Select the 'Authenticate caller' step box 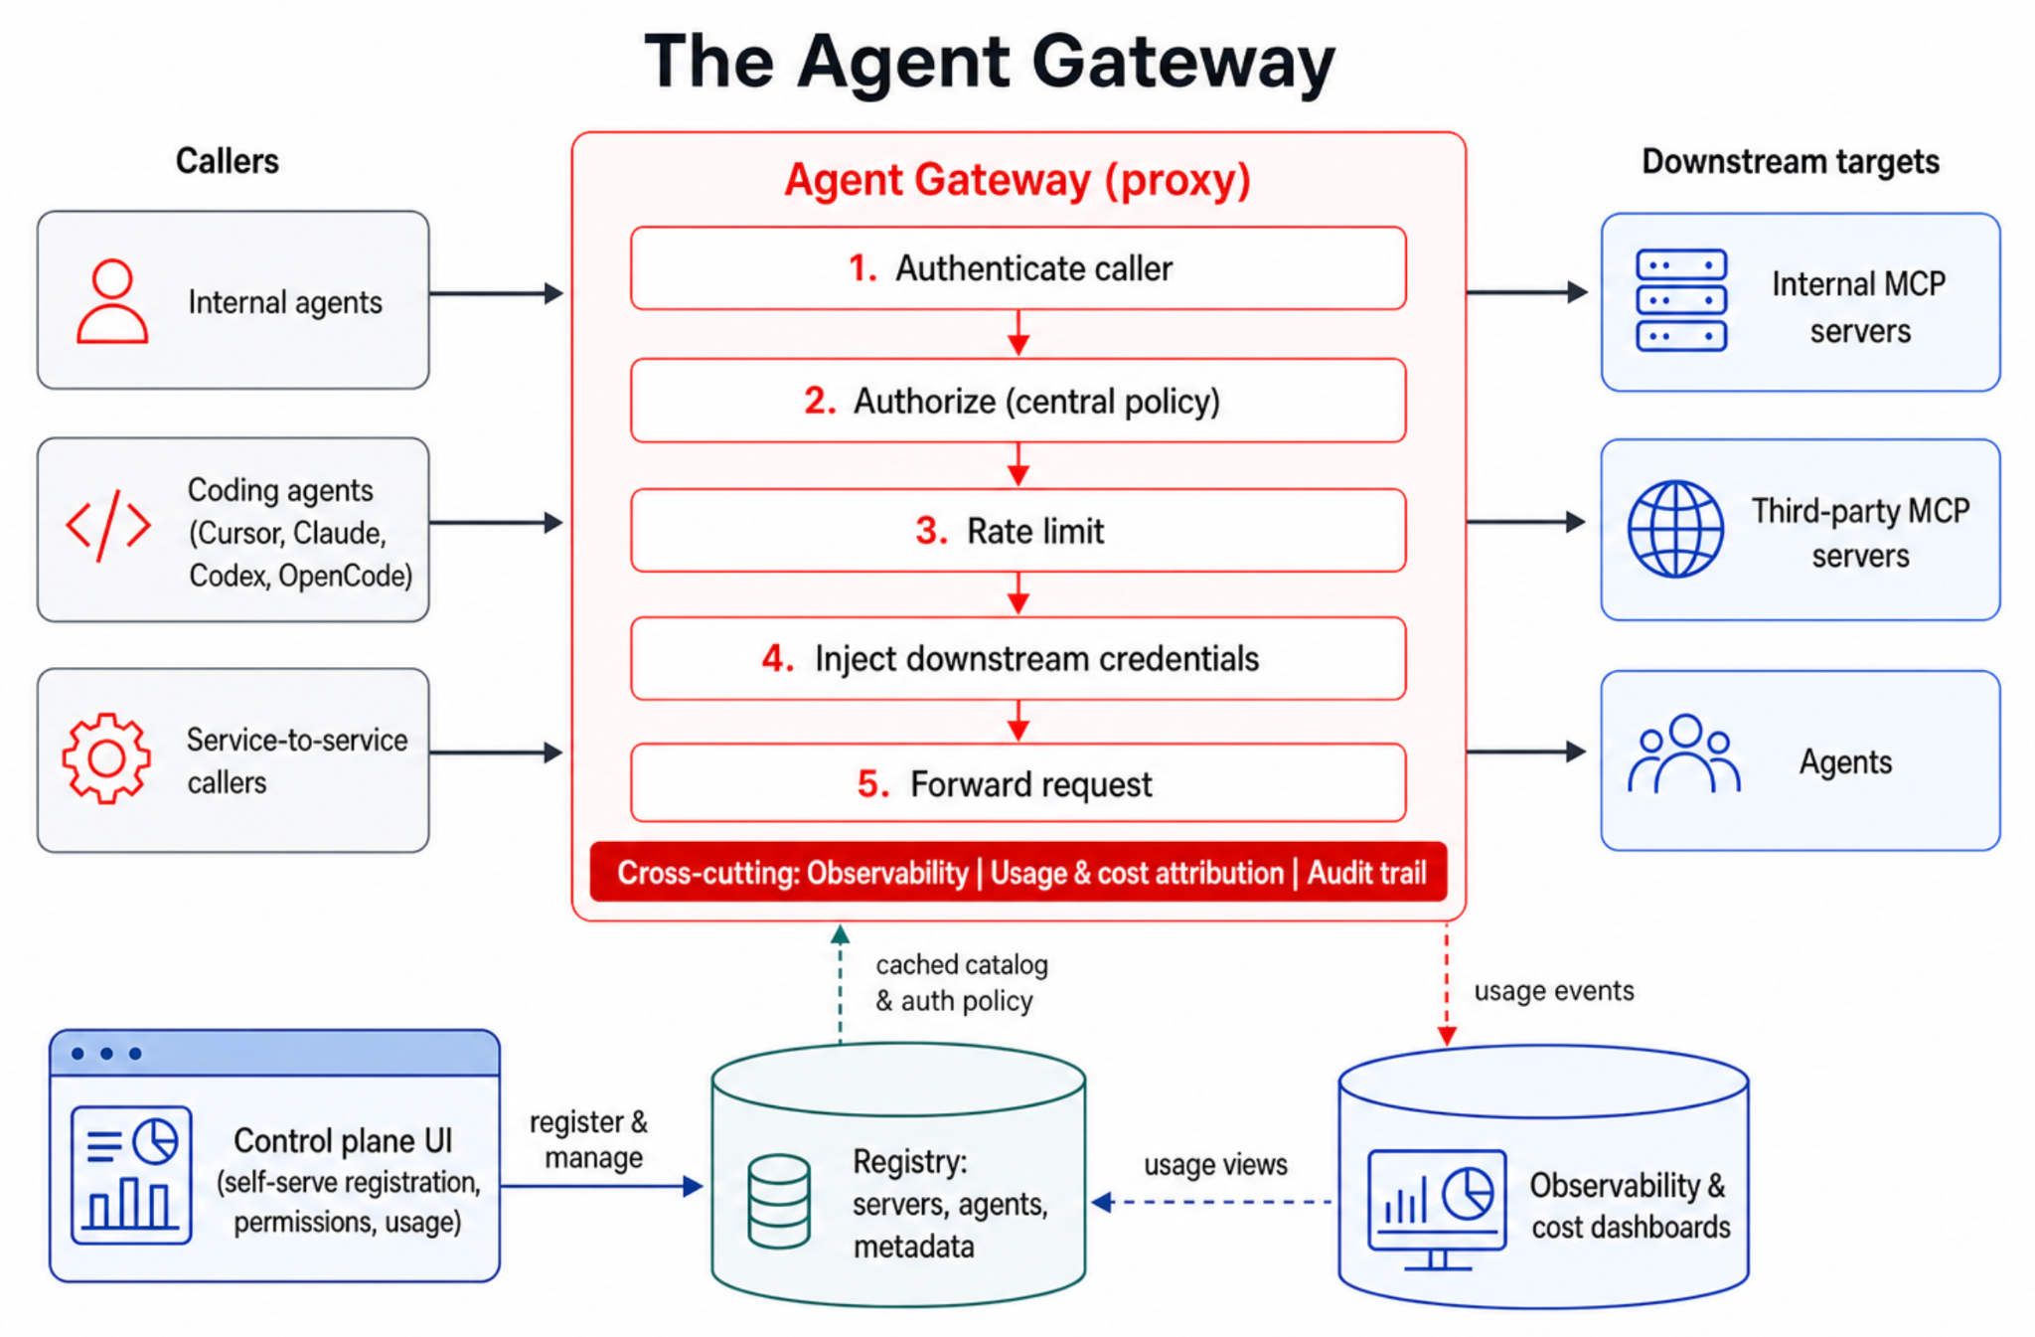[1017, 268]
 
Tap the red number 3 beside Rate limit [930, 531]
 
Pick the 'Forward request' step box [1017, 783]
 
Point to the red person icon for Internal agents [112, 301]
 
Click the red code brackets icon [108, 525]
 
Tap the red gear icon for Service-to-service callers [106, 758]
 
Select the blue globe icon [1675, 529]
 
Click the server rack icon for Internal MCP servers [1681, 300]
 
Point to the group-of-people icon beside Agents [1684, 753]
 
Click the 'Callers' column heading [228, 161]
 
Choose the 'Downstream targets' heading [1791, 161]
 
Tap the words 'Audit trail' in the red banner [1366, 873]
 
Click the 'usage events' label [1554, 990]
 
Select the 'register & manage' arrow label [589, 1139]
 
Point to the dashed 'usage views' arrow [1211, 1203]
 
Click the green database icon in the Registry [779, 1201]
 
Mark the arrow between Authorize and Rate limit [1017, 464]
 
